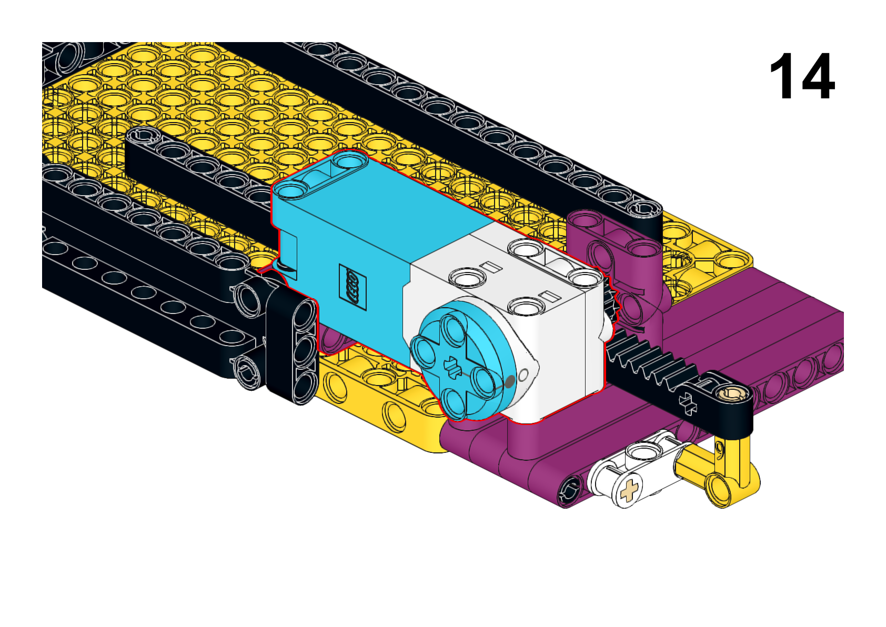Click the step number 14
click(x=802, y=76)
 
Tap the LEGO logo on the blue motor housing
click(x=353, y=287)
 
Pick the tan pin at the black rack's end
click(x=734, y=393)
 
